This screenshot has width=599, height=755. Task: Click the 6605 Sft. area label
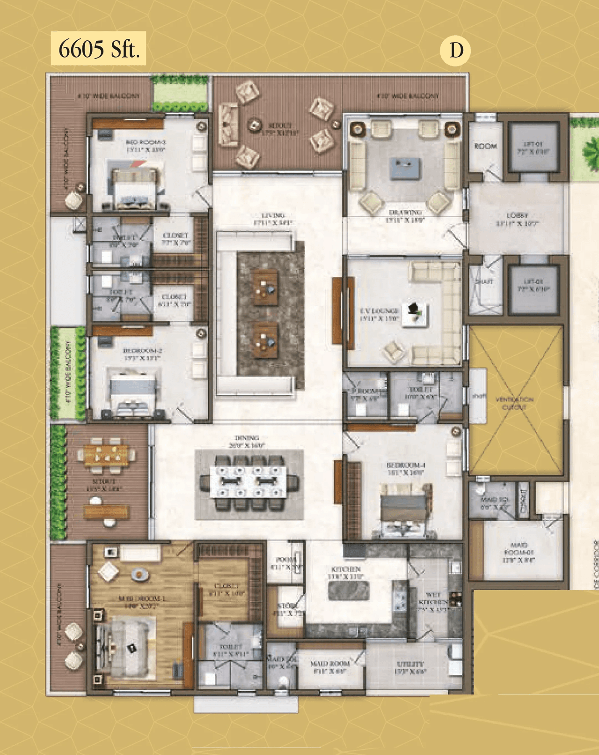click(x=98, y=49)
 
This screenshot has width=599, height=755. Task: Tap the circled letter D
click(x=455, y=50)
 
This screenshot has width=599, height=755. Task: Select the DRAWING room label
click(x=405, y=216)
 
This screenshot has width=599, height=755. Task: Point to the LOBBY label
click(x=517, y=220)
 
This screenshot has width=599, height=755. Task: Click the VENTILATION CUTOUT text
click(x=514, y=403)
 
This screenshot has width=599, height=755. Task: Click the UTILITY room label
click(x=410, y=667)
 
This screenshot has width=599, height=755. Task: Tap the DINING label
click(x=247, y=442)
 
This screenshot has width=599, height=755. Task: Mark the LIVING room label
click(x=273, y=219)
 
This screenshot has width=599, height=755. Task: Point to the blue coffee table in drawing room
click(x=405, y=168)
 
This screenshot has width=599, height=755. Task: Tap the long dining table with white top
click(x=248, y=481)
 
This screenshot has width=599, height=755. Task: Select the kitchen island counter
click(x=349, y=591)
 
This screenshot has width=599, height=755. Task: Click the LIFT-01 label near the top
click(x=533, y=148)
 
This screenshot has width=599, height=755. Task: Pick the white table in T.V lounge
click(x=415, y=314)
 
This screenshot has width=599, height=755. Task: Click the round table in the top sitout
click(x=255, y=125)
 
